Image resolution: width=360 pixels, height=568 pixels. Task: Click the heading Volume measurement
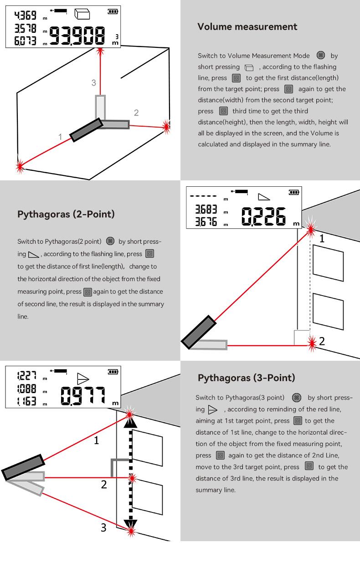[247, 27]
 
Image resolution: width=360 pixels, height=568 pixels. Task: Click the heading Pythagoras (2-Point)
[66, 214]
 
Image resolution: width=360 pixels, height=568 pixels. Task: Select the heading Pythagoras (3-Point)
[247, 378]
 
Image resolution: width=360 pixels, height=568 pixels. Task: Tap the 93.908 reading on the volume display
[78, 36]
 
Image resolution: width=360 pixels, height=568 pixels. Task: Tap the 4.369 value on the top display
[26, 15]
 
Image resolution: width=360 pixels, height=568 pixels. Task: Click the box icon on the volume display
[82, 14]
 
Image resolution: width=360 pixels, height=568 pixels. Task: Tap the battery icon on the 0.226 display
[294, 192]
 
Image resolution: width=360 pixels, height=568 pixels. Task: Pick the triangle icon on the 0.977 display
[82, 378]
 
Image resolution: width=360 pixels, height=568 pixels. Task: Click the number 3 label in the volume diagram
[94, 82]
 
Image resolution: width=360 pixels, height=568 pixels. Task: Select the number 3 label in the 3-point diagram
[103, 527]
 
